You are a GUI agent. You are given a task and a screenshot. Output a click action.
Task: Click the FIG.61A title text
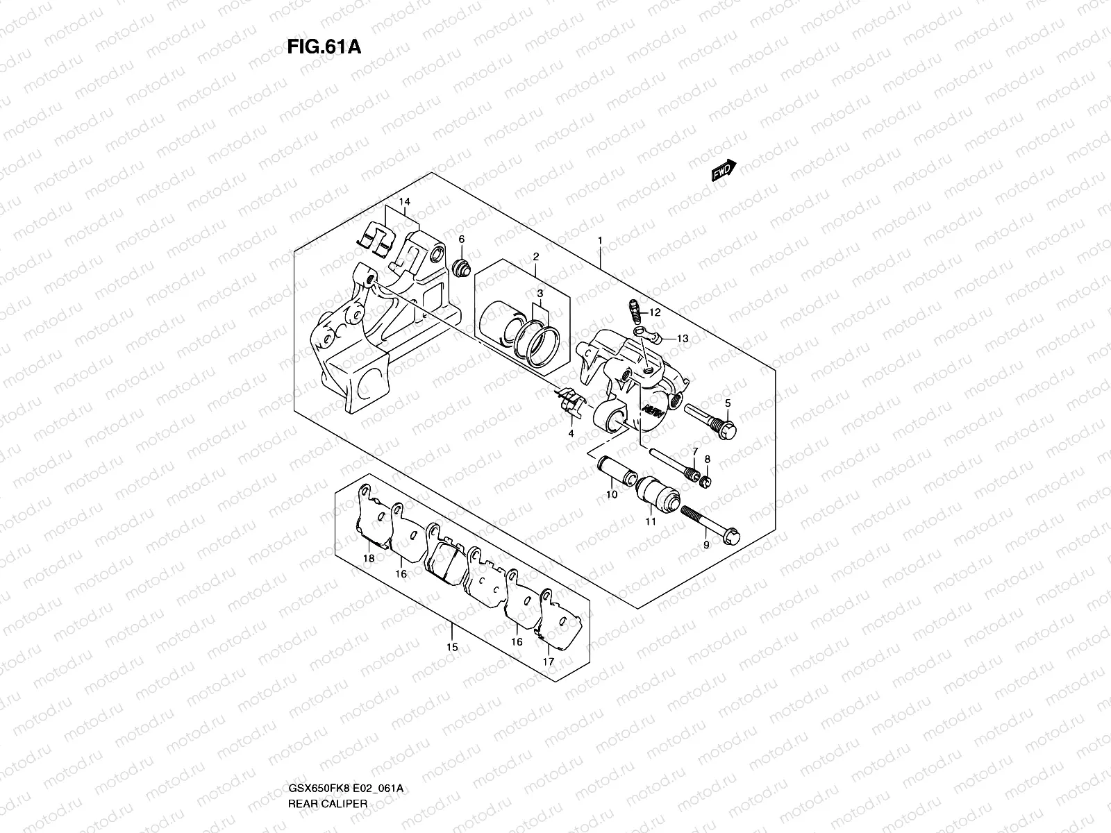(323, 47)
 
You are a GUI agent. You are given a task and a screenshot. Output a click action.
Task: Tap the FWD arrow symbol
(723, 171)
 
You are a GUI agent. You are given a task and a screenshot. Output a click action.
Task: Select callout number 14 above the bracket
(404, 201)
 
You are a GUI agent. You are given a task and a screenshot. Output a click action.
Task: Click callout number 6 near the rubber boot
(461, 239)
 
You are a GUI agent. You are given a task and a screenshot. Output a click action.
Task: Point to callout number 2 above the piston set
(536, 257)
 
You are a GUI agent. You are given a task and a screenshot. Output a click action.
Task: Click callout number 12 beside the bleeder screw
(655, 313)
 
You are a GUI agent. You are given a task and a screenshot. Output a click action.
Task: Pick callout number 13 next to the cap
(683, 339)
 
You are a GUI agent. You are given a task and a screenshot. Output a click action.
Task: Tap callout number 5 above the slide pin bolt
(728, 403)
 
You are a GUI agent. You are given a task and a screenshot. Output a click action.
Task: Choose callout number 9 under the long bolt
(706, 545)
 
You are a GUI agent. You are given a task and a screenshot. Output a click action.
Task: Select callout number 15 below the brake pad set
(452, 647)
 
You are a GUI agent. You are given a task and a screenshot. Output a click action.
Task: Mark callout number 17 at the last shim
(549, 662)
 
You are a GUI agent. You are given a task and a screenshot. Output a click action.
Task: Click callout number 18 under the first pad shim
(368, 558)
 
